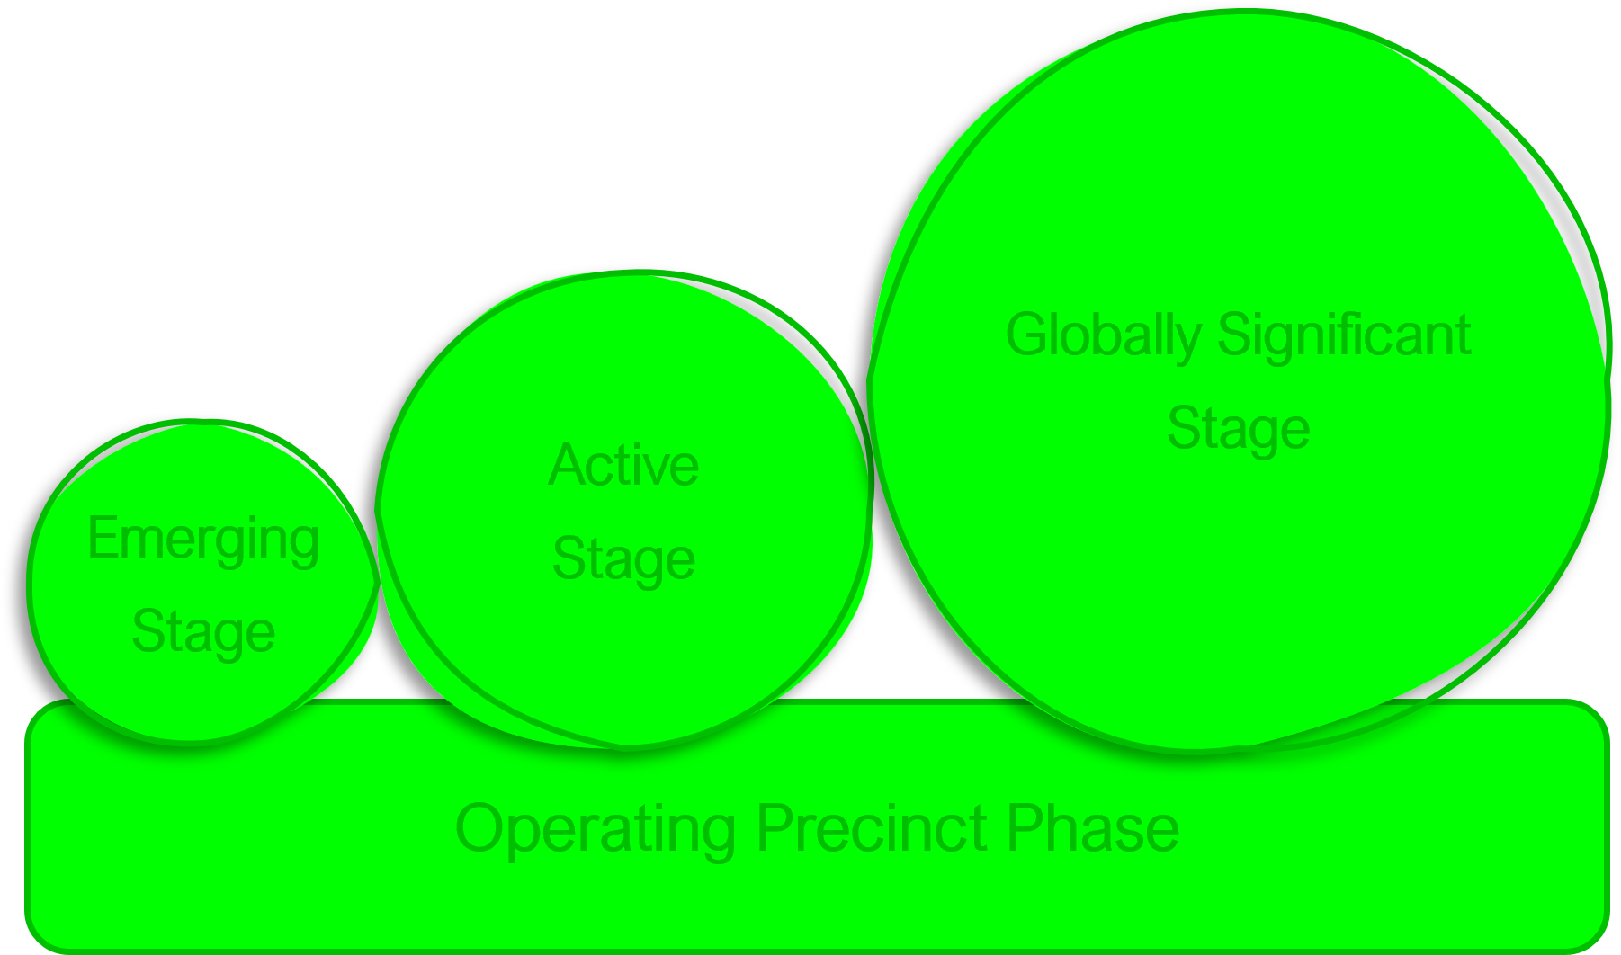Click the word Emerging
[203, 540]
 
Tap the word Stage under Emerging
[203, 631]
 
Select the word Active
[623, 466]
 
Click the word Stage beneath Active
[623, 559]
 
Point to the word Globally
[1104, 336]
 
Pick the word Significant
[1345, 336]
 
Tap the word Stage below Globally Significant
[1238, 429]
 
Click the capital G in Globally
[1025, 335]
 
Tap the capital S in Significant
[1234, 335]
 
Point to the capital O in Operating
[478, 828]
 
